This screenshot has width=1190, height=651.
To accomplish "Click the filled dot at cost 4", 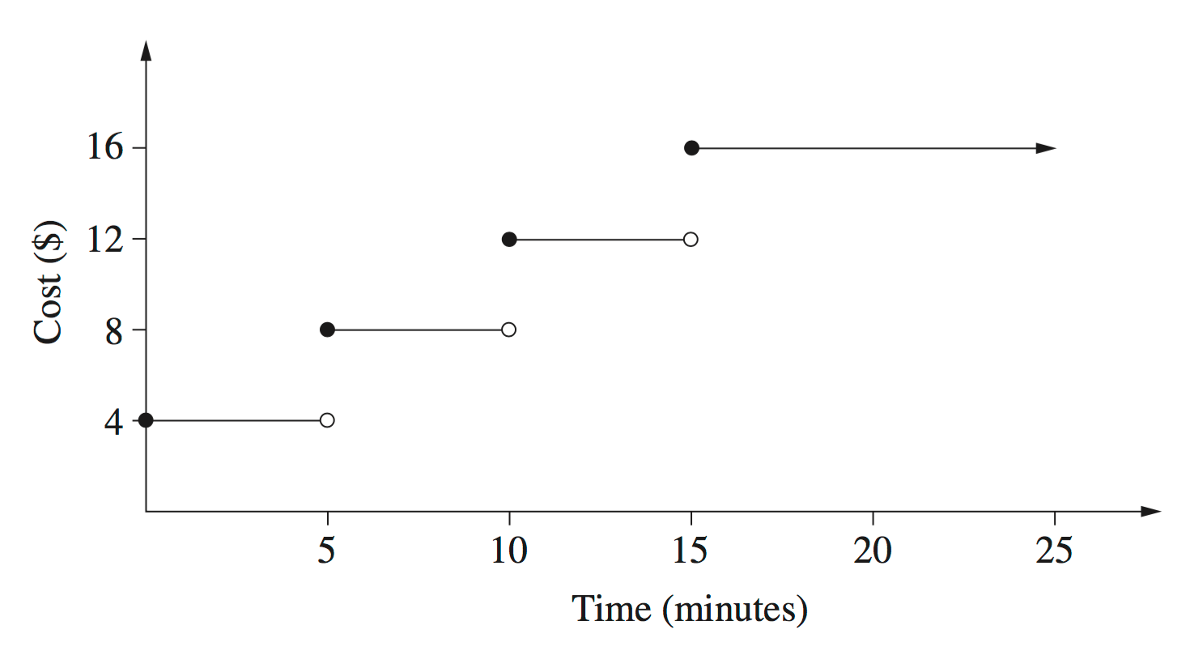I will [x=146, y=420].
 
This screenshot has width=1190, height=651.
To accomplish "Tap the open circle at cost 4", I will [x=327, y=420].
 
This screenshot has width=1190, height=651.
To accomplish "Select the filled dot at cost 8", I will [x=327, y=330].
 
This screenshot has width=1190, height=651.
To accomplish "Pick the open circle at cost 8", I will [x=508, y=330].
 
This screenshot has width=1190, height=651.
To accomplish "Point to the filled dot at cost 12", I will [x=508, y=239].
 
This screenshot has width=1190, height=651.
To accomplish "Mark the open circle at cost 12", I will [x=691, y=239].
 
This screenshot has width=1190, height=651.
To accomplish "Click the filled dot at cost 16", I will [x=691, y=148].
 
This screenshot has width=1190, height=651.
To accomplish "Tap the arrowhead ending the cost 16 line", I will [x=1046, y=148].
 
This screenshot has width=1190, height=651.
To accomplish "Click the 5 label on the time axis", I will [x=327, y=551].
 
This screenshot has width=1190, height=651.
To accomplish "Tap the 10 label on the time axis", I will [x=508, y=551].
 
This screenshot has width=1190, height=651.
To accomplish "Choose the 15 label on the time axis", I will [x=691, y=551].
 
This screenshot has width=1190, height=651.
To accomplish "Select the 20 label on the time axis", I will [x=873, y=551].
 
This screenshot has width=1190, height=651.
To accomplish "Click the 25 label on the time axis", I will [x=1054, y=551].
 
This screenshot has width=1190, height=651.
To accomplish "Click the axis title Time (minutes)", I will [x=690, y=609].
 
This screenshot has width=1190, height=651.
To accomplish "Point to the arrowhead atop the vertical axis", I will [x=146, y=50].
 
